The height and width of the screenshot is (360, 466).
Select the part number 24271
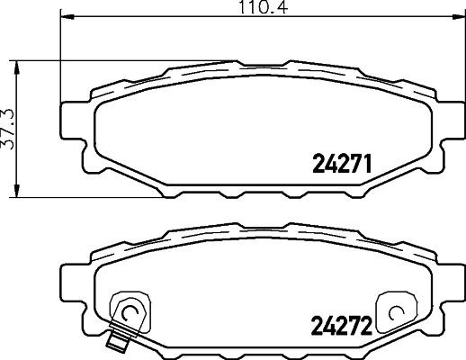[x=341, y=164]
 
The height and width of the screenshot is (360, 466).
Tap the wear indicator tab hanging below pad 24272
[x=113, y=341]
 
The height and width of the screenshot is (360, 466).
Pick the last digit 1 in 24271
[x=367, y=164]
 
